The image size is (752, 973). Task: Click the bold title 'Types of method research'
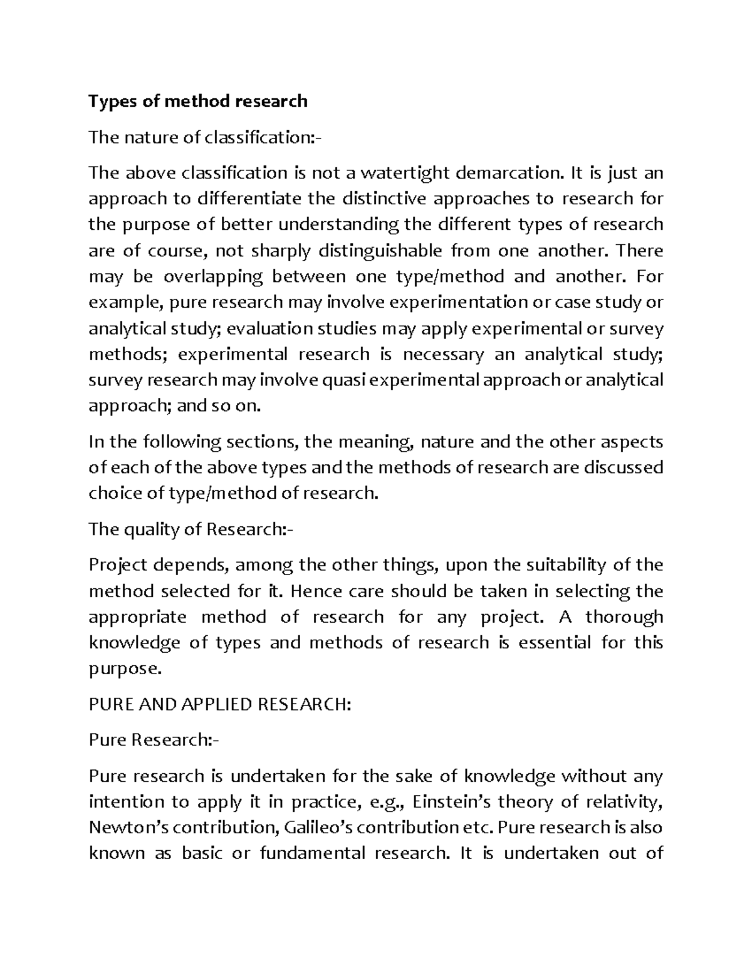click(198, 101)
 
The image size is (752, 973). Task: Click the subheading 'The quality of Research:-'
click(191, 529)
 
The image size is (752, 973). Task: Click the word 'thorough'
click(624, 617)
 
